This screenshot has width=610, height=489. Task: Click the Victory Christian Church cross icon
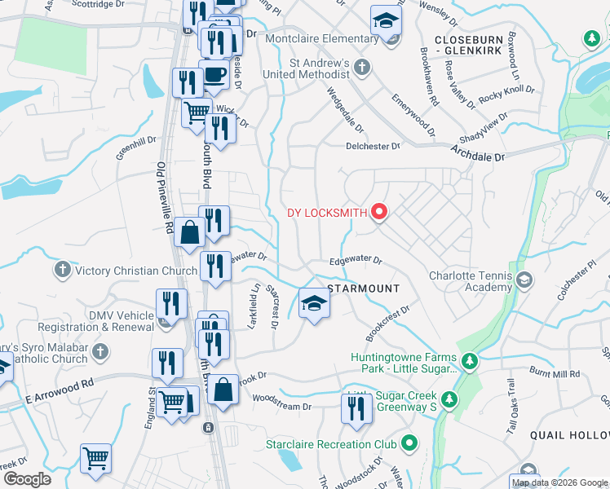tap(62, 269)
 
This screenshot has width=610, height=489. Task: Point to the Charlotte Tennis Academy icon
tap(524, 281)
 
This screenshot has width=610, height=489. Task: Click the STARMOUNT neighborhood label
tap(364, 289)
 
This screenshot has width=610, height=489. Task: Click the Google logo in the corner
tap(26, 479)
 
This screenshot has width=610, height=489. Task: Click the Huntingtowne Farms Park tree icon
tap(469, 360)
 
